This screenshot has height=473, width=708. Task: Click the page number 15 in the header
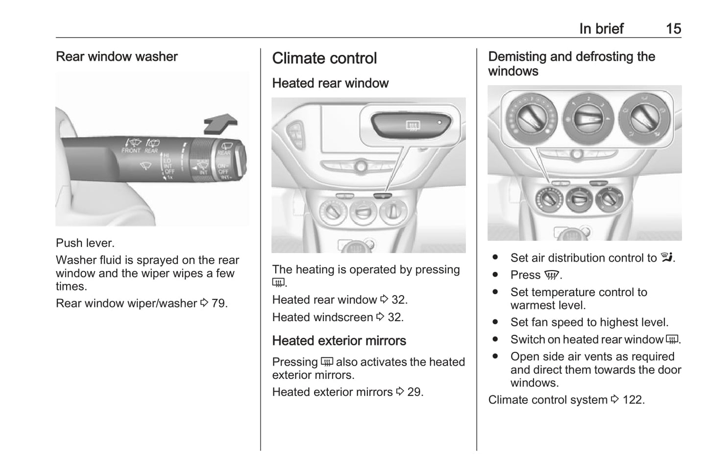click(x=673, y=29)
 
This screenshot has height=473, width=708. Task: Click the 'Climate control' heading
click(x=324, y=58)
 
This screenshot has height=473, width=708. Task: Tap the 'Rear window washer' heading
click(x=117, y=56)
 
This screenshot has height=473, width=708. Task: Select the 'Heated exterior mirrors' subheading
click(x=339, y=341)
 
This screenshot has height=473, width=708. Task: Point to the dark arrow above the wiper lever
click(x=220, y=124)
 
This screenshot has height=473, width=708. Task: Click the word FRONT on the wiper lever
click(x=130, y=150)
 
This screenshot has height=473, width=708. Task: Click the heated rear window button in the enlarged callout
click(x=411, y=125)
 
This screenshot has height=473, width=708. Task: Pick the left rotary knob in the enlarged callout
click(x=532, y=118)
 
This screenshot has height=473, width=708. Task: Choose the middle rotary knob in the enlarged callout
click(x=588, y=119)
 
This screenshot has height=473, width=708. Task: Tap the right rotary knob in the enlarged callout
click(x=644, y=118)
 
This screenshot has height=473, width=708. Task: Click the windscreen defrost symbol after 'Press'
click(x=552, y=275)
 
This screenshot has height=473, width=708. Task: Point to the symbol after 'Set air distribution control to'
click(x=666, y=257)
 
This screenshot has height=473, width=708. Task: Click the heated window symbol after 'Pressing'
click(x=327, y=361)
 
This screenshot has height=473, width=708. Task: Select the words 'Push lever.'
click(x=85, y=243)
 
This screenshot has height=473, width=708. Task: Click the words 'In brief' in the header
click(x=601, y=29)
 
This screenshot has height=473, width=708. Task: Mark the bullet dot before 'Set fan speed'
click(x=495, y=322)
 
